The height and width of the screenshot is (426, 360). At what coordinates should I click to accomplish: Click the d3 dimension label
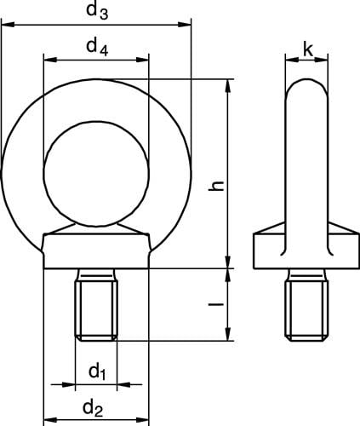(97, 11)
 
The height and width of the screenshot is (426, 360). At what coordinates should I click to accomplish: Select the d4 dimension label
(97, 47)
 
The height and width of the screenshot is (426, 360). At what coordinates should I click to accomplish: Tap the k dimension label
(308, 50)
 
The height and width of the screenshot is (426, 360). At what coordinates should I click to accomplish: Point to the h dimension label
(216, 186)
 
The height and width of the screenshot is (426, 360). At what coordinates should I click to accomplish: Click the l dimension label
(216, 304)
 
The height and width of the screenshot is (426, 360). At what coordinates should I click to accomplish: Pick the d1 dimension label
(97, 371)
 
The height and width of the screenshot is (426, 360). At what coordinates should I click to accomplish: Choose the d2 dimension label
(93, 408)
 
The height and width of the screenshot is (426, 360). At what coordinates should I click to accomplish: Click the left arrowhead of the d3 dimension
(8, 25)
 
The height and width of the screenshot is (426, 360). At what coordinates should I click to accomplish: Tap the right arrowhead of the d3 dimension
(185, 25)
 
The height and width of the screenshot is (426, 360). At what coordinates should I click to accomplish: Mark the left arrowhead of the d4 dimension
(50, 60)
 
